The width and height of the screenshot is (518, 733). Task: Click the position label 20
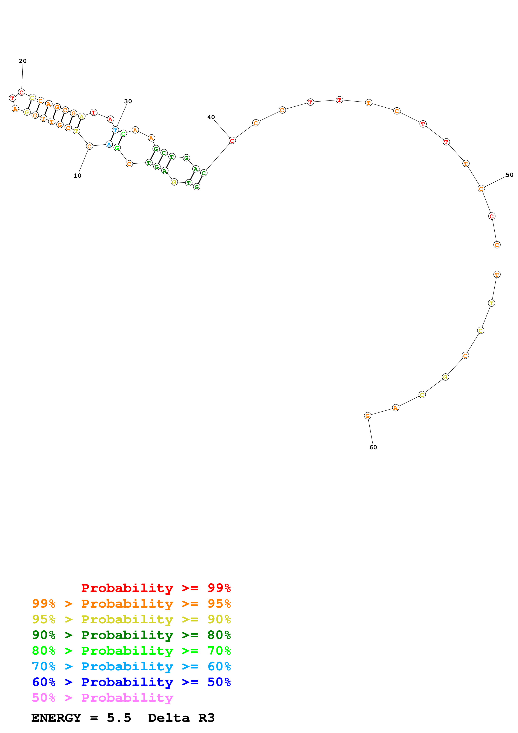pyautogui.click(x=23, y=61)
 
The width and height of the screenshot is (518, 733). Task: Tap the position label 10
pyautogui.click(x=77, y=176)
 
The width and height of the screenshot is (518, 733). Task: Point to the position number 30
pyautogui.click(x=128, y=101)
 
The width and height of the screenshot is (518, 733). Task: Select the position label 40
pyautogui.click(x=211, y=117)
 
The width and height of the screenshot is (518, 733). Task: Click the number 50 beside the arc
pyautogui.click(x=509, y=175)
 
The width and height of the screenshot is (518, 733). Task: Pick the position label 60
pyautogui.click(x=373, y=447)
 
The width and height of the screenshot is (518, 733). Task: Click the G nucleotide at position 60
pyautogui.click(x=367, y=416)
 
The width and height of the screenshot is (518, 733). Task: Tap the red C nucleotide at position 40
pyautogui.click(x=232, y=140)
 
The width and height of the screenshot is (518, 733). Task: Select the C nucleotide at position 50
pyautogui.click(x=481, y=189)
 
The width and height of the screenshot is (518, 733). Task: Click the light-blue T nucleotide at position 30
pyautogui.click(x=115, y=130)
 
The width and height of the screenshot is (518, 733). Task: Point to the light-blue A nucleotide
pyautogui.click(x=109, y=145)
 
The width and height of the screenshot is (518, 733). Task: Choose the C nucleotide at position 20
pyautogui.click(x=21, y=92)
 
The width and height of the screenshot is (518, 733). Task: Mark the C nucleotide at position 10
pyautogui.click(x=89, y=146)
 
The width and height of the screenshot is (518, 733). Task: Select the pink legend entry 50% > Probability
pyautogui.click(x=102, y=697)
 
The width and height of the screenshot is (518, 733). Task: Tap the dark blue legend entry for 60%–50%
pyautogui.click(x=131, y=682)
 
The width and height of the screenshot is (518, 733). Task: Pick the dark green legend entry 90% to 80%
pyautogui.click(x=131, y=635)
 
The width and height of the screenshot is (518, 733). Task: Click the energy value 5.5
pyautogui.click(x=119, y=718)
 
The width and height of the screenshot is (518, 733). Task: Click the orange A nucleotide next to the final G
pyautogui.click(x=395, y=408)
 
